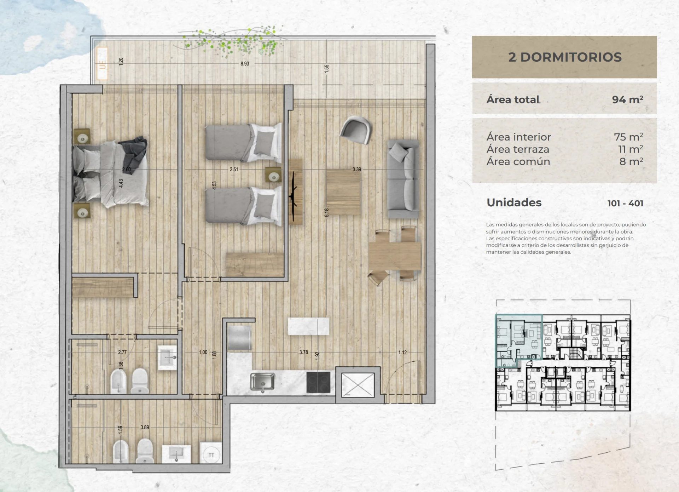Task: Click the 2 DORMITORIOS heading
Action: [x=565, y=57]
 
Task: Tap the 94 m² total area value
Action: [x=627, y=99]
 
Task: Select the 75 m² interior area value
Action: [x=628, y=137]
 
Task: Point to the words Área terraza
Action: [x=518, y=149]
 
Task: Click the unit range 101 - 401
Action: [x=625, y=204]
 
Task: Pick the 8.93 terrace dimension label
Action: [x=245, y=64]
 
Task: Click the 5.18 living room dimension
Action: [x=327, y=212]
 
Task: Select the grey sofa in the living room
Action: [x=403, y=179]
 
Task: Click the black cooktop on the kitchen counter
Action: [x=318, y=382]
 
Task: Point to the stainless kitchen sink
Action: [x=262, y=382]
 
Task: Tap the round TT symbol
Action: [x=211, y=455]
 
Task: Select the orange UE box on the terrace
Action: [x=102, y=63]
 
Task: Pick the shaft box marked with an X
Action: [x=358, y=385]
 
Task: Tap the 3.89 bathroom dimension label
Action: [x=145, y=427]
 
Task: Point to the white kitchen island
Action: [x=308, y=326]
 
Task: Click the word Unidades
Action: [x=514, y=202]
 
